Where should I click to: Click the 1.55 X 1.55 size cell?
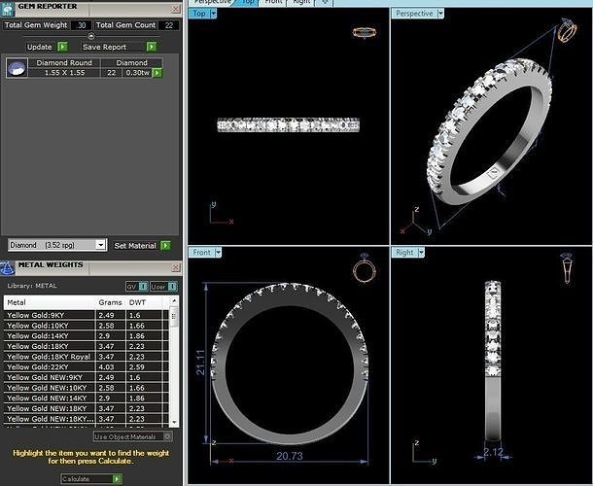pos(65,73)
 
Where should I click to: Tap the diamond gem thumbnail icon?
pos(17,68)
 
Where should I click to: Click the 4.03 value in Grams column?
pos(106,366)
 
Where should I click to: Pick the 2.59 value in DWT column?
pos(136,366)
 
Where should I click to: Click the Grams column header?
pos(110,302)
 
